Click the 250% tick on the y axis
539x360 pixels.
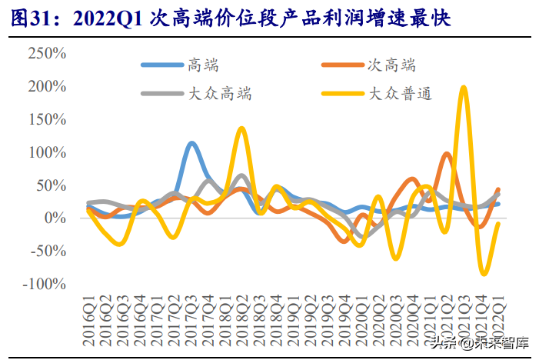(x=47, y=54)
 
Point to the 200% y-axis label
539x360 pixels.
(x=47, y=86)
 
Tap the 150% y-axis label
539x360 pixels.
(x=47, y=119)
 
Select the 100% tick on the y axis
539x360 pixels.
(x=47, y=152)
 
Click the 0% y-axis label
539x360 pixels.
(x=56, y=218)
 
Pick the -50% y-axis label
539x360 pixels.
(x=47, y=252)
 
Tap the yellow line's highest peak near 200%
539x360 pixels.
(x=463, y=88)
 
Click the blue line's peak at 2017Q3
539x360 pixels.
(x=191, y=143)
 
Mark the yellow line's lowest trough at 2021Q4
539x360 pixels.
(x=484, y=273)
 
